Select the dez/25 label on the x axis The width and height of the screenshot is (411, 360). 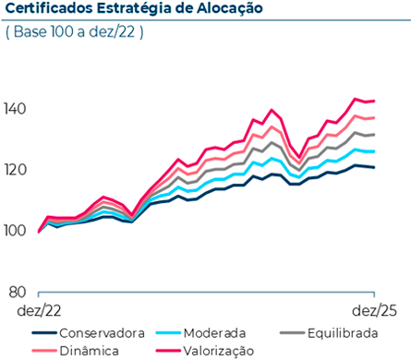tap(375, 311)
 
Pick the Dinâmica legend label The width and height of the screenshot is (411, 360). tap(88, 350)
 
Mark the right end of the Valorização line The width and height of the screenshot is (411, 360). tap(374, 101)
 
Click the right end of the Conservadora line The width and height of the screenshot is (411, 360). tap(374, 167)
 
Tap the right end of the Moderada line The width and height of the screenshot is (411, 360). tap(374, 151)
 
